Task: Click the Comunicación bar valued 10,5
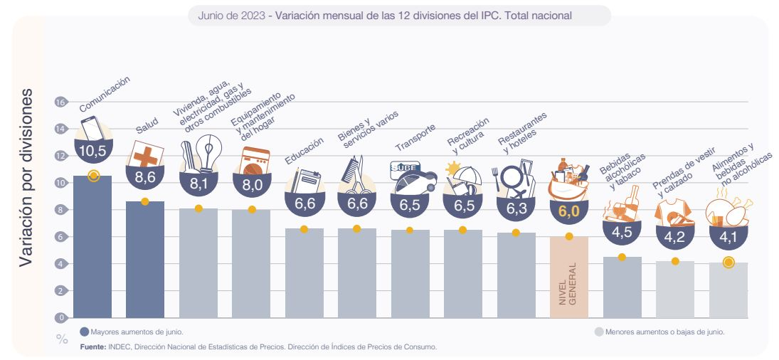pyautogui.click(x=92, y=249)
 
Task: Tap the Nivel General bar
pyautogui.click(x=568, y=277)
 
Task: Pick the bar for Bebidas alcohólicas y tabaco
pyautogui.click(x=622, y=288)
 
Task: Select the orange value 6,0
pyautogui.click(x=568, y=212)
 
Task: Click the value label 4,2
pyautogui.click(x=674, y=238)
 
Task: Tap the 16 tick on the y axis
pyautogui.click(x=60, y=102)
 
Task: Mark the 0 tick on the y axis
pyautogui.click(x=61, y=318)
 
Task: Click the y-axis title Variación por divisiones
pyautogui.click(x=26, y=177)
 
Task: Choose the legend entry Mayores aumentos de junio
pyautogui.click(x=132, y=331)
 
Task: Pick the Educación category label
pyautogui.click(x=304, y=151)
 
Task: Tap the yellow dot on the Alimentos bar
pyautogui.click(x=728, y=263)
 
